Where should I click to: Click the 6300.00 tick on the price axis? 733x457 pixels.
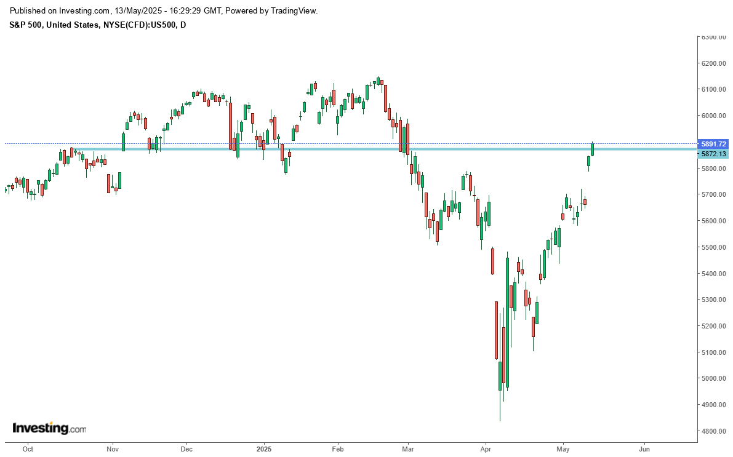click(x=713, y=37)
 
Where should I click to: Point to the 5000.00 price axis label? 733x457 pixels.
click(x=713, y=378)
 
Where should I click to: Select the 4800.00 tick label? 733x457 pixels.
click(x=713, y=431)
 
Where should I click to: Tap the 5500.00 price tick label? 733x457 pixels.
click(x=713, y=247)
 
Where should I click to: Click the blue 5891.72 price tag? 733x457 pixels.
click(x=713, y=144)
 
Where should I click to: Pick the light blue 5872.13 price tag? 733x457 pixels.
click(x=713, y=154)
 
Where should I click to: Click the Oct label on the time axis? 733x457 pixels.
click(x=28, y=449)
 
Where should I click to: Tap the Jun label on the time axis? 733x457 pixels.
click(x=645, y=449)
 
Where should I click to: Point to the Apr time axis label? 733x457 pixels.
click(x=486, y=449)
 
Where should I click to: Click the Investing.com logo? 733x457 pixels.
click(x=49, y=428)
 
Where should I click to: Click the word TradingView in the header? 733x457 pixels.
click(x=290, y=11)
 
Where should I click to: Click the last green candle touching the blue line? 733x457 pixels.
click(x=593, y=148)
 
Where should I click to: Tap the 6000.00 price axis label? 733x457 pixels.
click(x=713, y=116)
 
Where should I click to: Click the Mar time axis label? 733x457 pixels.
click(x=407, y=449)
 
